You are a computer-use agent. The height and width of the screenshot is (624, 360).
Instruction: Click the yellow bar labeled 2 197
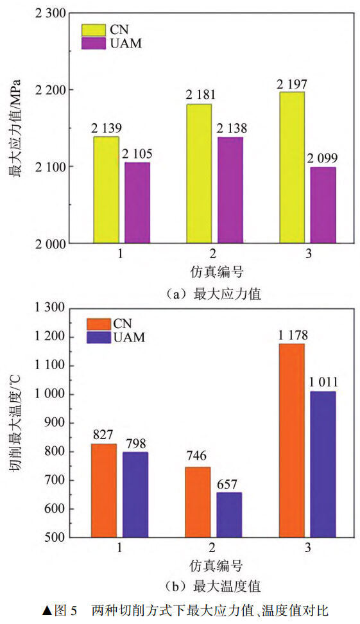pyautogui.click(x=291, y=167)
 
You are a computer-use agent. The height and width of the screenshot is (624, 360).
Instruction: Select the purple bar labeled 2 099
pyautogui.click(x=323, y=205)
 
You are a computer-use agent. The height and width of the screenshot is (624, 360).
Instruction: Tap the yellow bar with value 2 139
pyautogui.click(x=107, y=189)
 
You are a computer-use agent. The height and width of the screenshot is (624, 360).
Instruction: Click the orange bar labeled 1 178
pyautogui.click(x=291, y=440)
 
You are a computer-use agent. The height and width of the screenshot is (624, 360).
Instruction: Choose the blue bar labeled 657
pyautogui.click(x=229, y=515)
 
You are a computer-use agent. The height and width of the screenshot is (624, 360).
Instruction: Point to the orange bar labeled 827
pyautogui.click(x=104, y=490)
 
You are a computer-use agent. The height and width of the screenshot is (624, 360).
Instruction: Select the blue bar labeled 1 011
pyautogui.click(x=323, y=464)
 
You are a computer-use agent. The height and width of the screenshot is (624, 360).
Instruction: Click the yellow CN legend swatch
pyautogui.click(x=94, y=30)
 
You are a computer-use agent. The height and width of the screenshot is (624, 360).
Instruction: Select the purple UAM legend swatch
pyautogui.click(x=94, y=44)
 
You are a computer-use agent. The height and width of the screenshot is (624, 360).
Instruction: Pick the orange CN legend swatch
pyautogui.click(x=99, y=324)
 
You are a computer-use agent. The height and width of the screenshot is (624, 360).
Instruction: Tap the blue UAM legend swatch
pyautogui.click(x=99, y=337)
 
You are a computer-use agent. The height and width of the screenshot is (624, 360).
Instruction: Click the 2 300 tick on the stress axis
pyautogui.click(x=50, y=13)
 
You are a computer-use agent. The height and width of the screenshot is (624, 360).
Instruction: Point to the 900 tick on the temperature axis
pyautogui.click(x=55, y=423)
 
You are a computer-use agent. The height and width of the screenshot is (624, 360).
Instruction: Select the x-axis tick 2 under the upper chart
pyautogui.click(x=213, y=254)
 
